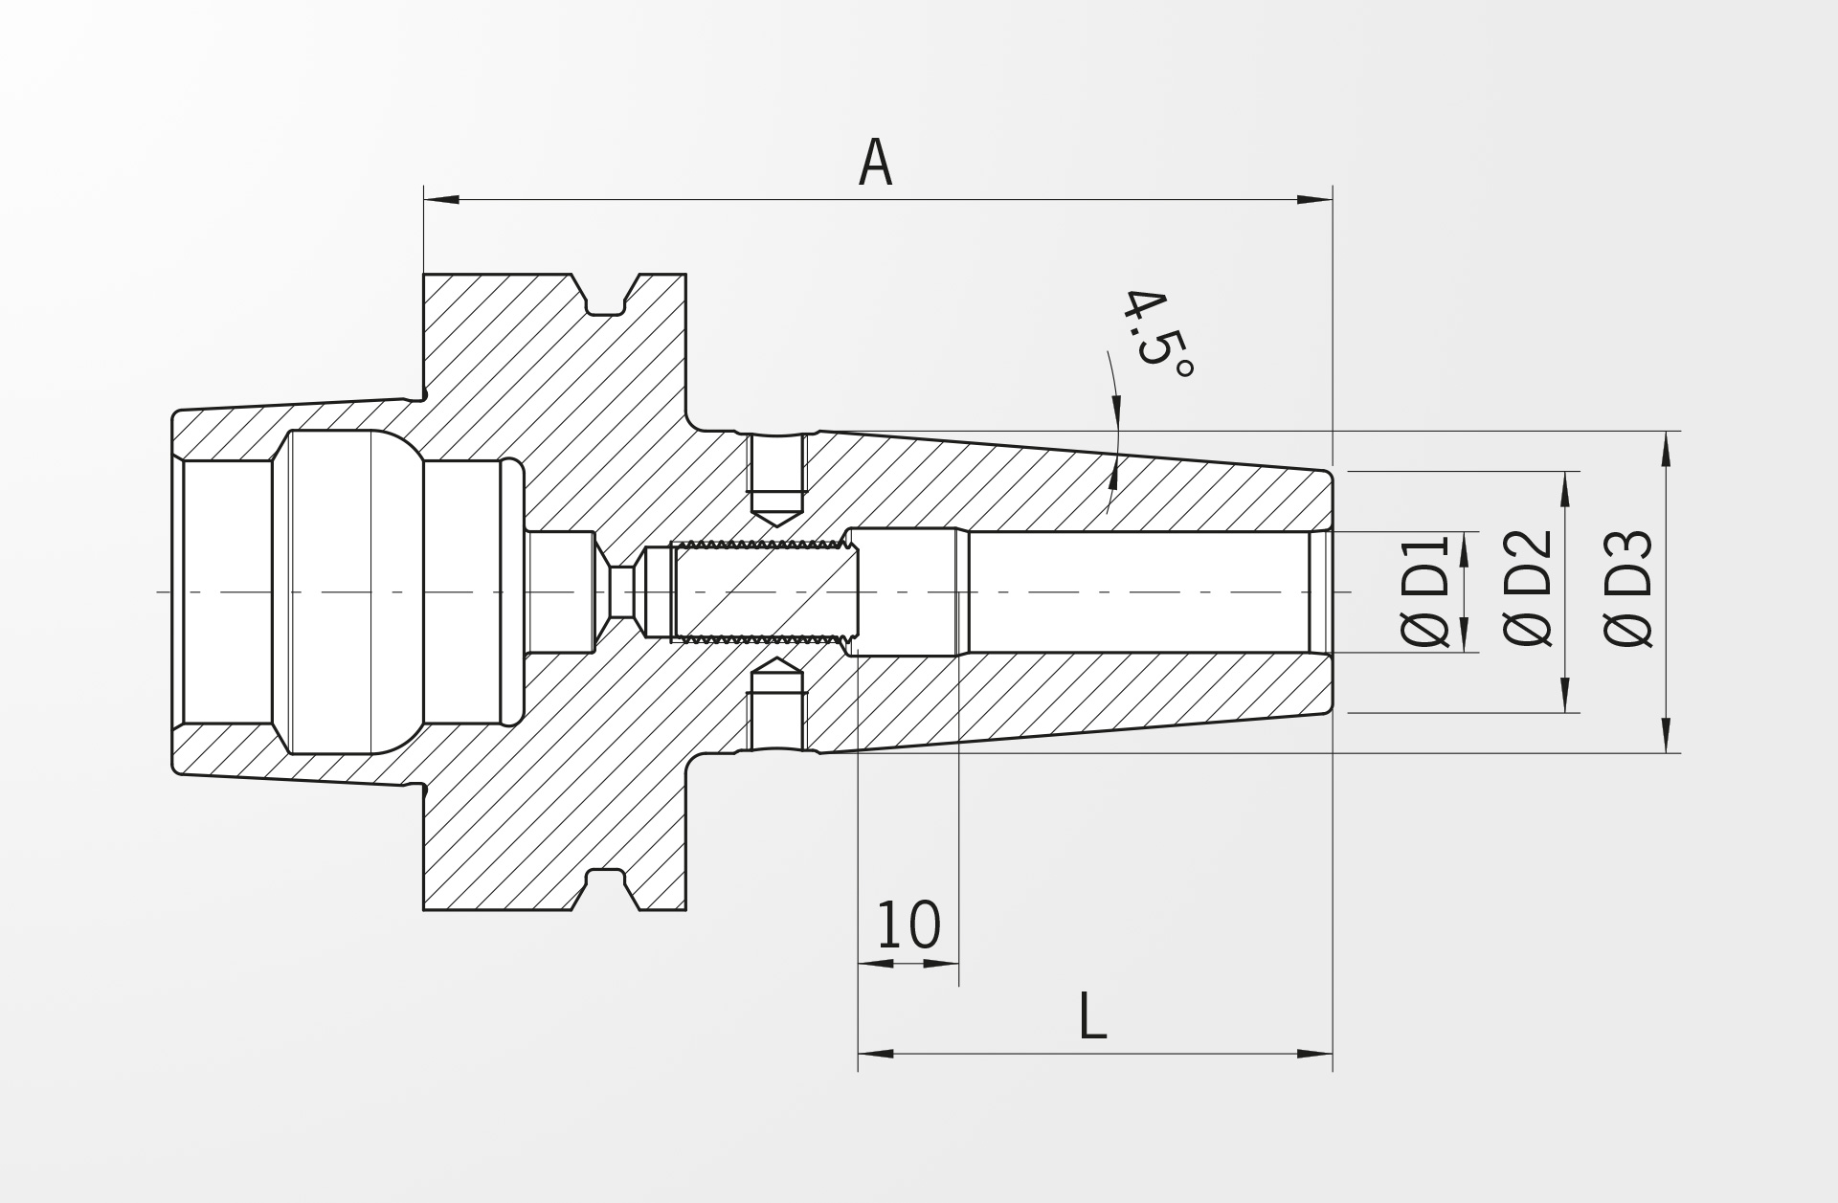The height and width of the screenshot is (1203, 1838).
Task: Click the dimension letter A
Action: (875, 163)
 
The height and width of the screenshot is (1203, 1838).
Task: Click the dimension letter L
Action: (1092, 1016)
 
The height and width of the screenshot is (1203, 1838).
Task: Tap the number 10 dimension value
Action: (908, 925)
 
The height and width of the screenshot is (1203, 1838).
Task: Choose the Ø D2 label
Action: (1528, 587)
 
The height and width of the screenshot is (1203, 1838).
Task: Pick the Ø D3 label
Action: (1628, 589)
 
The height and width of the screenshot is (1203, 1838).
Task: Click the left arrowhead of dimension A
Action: (441, 200)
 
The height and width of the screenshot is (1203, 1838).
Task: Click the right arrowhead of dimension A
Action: (1314, 200)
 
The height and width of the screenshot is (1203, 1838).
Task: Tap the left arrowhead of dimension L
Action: (876, 1054)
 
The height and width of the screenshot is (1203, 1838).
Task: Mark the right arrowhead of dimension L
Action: (1314, 1054)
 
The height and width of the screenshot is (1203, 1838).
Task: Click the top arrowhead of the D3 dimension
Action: (1666, 449)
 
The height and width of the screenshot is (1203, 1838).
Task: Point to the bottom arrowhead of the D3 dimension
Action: (1666, 735)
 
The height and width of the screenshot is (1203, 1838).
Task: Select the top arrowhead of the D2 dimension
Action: (1565, 489)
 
